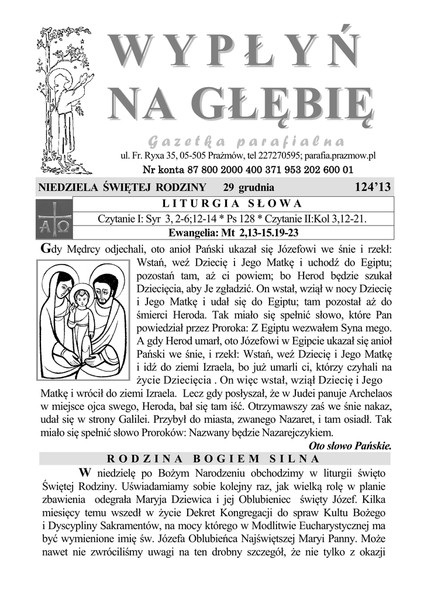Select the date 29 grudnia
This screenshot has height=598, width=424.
pos(249,187)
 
